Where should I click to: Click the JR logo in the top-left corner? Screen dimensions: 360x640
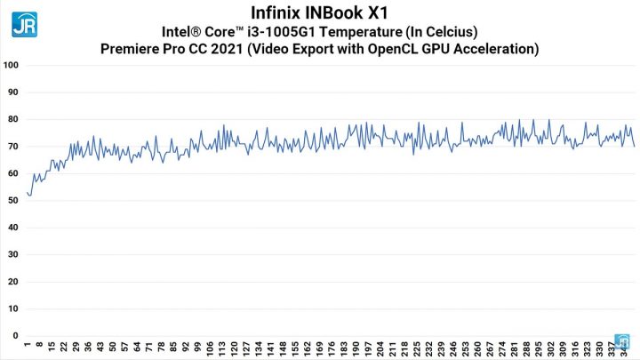click(x=24, y=22)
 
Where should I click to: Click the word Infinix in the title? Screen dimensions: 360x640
click(x=269, y=12)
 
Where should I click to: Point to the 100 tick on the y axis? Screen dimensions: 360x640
click(x=11, y=66)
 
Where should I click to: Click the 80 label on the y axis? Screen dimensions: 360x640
click(x=12, y=120)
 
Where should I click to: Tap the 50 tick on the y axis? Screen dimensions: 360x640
click(x=12, y=201)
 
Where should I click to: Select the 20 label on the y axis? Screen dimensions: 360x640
click(x=12, y=282)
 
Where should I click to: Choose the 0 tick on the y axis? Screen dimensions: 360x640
click(x=15, y=336)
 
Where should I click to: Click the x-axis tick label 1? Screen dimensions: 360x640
click(x=28, y=346)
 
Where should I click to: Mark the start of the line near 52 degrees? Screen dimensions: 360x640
click(x=28, y=194)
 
